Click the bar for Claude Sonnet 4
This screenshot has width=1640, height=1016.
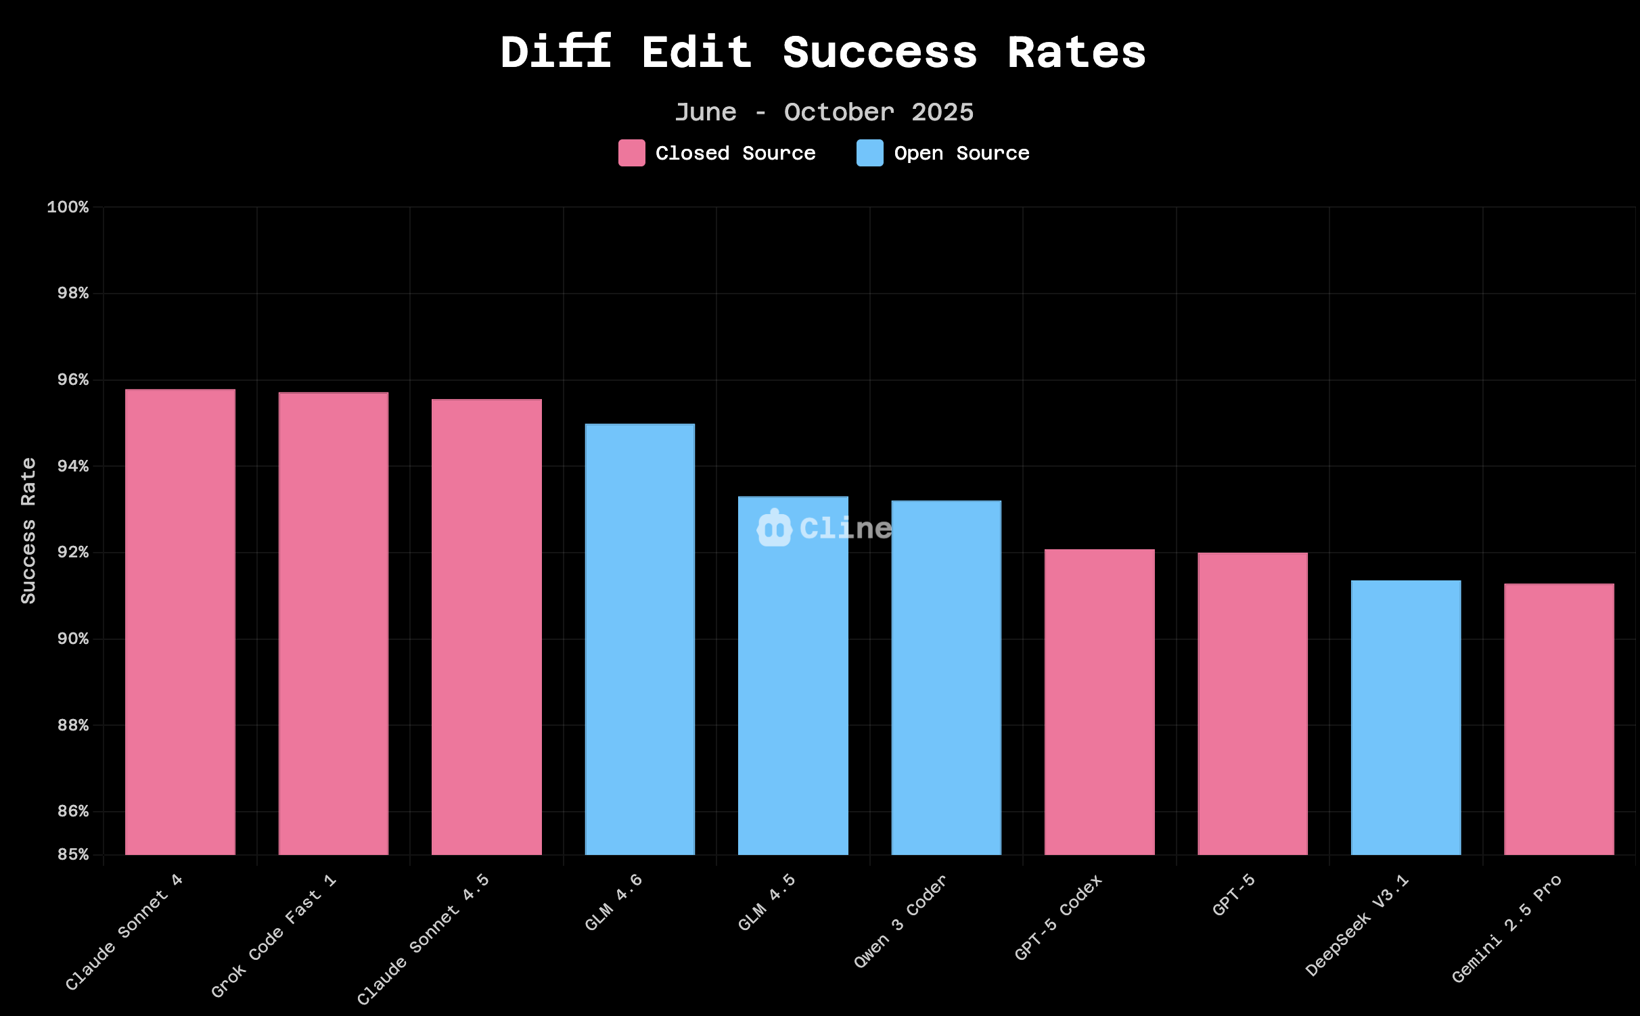pos(180,622)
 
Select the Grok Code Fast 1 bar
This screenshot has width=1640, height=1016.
pos(334,624)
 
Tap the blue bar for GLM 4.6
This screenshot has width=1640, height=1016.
pos(640,639)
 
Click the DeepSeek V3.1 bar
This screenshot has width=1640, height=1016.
pos(1406,717)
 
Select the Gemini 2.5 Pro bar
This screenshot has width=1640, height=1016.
pos(1559,719)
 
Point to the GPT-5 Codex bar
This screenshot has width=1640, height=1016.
pos(1099,702)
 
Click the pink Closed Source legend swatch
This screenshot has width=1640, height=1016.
pos(631,153)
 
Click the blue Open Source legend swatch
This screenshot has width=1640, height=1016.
pos(869,153)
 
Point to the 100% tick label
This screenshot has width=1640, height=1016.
pos(68,207)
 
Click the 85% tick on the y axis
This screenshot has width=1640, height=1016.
pos(73,854)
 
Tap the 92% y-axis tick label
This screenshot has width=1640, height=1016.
pos(73,553)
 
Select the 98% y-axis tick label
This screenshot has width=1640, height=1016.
pos(73,294)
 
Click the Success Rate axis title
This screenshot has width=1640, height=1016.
pos(28,530)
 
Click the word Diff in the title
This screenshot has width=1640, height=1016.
pos(555,53)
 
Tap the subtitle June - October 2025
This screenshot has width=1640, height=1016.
pos(824,112)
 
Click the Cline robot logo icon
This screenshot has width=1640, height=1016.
pos(774,528)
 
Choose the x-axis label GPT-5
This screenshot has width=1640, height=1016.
pos(1233,895)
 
